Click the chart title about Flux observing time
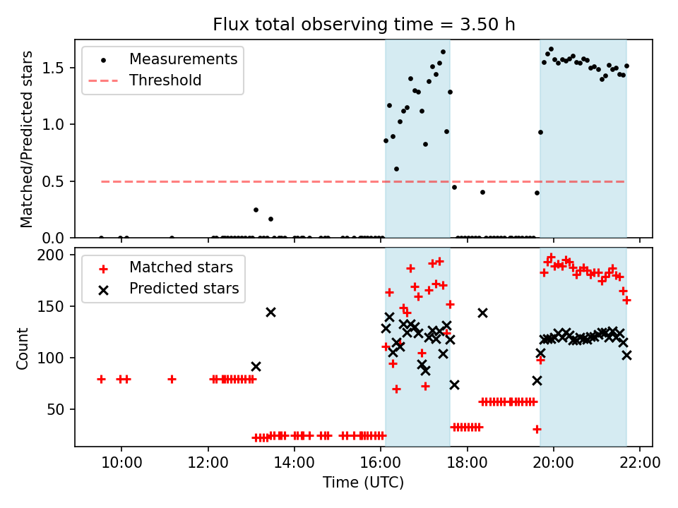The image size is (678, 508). [x=364, y=24]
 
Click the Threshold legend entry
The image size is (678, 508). [x=145, y=80]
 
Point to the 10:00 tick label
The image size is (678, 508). [x=121, y=463]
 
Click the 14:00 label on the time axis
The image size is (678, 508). [x=295, y=463]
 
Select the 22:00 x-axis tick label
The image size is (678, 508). [x=640, y=463]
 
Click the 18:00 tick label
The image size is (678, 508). [x=467, y=463]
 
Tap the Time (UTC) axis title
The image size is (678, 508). [x=363, y=483]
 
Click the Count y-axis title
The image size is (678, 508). [x=22, y=349]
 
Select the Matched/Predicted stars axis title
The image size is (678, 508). [x=26, y=139]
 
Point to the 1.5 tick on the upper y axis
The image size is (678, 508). [x=53, y=68]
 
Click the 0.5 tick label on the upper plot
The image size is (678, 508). [x=53, y=182]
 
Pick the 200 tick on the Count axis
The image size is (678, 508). [x=51, y=255]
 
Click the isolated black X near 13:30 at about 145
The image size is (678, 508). [x=270, y=313]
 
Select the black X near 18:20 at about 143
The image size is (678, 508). [x=482, y=313]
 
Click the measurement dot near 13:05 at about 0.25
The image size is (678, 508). [x=256, y=210]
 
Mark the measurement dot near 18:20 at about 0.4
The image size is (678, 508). [x=482, y=192]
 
